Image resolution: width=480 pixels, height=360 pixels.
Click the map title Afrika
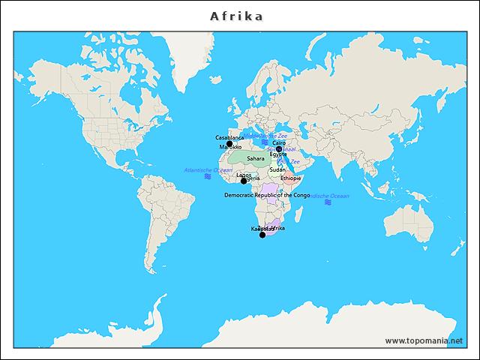click(236, 16)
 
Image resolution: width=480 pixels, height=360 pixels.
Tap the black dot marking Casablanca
click(229, 144)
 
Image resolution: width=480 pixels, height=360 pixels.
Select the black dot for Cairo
click(279, 148)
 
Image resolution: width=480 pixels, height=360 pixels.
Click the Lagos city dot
click(244, 181)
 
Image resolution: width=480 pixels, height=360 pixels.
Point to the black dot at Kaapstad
click(262, 235)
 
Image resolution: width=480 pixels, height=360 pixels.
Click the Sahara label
click(256, 158)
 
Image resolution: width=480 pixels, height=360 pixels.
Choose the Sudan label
click(277, 169)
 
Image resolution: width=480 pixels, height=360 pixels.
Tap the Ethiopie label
click(291, 178)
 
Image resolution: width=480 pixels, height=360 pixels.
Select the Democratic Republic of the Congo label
click(267, 195)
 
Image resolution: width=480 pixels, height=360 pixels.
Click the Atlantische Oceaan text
click(208, 170)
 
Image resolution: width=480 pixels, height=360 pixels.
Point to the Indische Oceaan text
click(328, 196)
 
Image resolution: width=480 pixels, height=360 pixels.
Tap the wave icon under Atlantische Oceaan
click(208, 177)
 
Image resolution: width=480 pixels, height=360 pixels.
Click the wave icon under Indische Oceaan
click(328, 202)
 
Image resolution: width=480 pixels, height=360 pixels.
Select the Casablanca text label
click(229, 138)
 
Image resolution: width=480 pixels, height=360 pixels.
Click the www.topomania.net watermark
click(424, 340)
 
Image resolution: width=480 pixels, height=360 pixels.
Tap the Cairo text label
click(279, 142)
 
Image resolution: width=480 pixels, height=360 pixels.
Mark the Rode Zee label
click(289, 161)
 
